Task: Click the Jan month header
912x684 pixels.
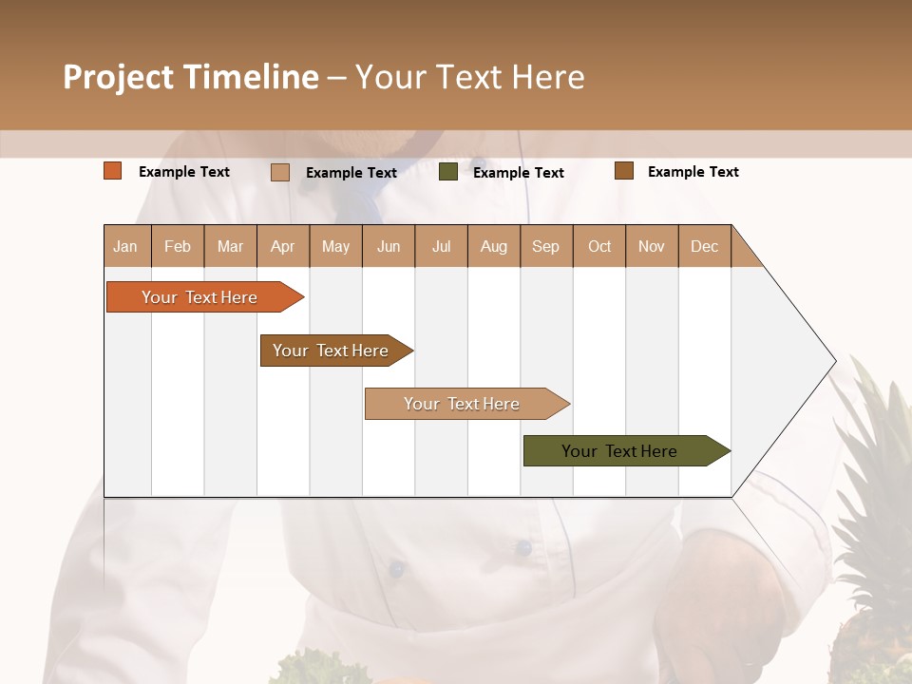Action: tap(125, 246)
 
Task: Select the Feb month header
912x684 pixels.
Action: tap(178, 246)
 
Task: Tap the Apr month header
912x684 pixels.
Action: tap(282, 246)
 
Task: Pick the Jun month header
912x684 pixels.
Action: tap(389, 246)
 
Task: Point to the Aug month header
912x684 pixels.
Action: tap(493, 246)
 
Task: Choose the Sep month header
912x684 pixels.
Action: tap(545, 246)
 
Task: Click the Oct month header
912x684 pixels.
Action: tap(599, 246)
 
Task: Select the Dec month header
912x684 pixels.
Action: tap(704, 246)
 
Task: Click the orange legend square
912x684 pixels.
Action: tap(113, 171)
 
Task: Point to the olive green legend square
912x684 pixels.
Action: tap(448, 172)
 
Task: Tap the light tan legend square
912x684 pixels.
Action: tap(280, 172)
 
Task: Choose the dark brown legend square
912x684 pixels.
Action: tap(623, 171)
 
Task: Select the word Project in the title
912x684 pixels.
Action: tap(117, 77)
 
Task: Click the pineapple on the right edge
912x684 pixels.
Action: tap(874, 532)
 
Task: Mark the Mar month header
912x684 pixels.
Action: tap(230, 246)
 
